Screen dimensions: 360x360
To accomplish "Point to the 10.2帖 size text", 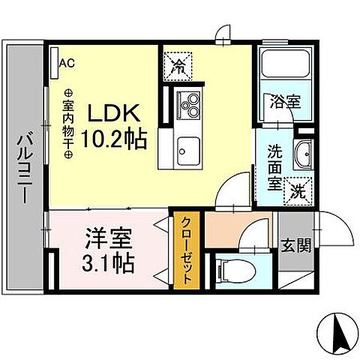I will click(x=115, y=139).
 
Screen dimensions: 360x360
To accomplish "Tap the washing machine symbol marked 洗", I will click(x=298, y=190).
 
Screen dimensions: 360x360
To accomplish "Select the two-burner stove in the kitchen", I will click(x=187, y=106).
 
